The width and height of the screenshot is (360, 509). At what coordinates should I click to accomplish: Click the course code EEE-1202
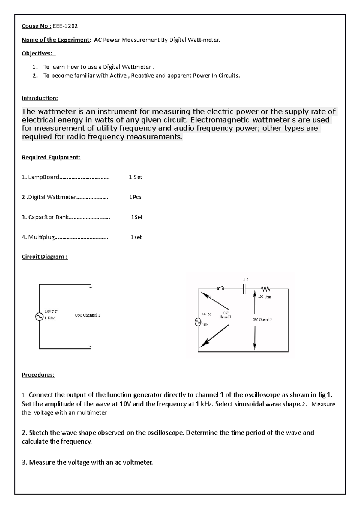[65, 26]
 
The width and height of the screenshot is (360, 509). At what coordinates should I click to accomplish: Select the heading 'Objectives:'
[38, 53]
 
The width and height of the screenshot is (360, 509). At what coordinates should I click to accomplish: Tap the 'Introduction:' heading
[40, 98]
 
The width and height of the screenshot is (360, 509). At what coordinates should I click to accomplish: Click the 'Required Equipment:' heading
[51, 157]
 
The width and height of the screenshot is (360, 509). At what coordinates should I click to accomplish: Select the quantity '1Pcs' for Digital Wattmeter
[135, 197]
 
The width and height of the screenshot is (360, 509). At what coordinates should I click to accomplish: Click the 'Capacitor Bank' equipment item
[49, 217]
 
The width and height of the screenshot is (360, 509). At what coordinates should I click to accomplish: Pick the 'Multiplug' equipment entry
[41, 237]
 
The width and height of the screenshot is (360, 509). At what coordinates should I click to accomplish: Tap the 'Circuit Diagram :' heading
[45, 257]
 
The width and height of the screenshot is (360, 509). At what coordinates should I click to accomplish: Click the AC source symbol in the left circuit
[39, 317]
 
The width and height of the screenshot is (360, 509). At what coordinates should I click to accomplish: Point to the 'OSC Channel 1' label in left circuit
[87, 315]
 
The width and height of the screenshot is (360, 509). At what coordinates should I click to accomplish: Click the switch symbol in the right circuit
[221, 289]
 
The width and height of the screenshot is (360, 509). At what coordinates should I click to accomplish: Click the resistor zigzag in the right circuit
[265, 289]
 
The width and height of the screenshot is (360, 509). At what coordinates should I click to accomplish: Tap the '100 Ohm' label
[264, 297]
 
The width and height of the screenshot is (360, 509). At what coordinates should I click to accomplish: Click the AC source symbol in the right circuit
[198, 322]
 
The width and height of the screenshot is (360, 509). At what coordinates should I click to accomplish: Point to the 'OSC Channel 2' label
[262, 320]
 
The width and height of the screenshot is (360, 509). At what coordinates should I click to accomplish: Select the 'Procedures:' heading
[38, 375]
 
